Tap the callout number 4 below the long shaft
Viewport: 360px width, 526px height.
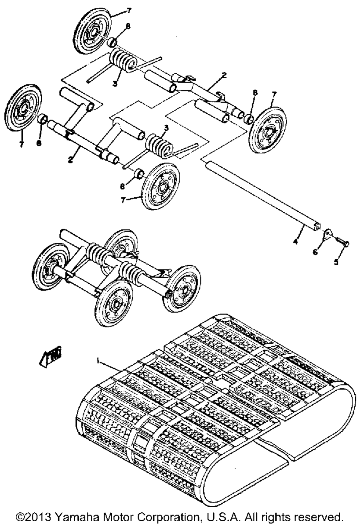296,242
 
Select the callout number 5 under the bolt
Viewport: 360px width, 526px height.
336,262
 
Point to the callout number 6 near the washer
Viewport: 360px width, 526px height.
315,252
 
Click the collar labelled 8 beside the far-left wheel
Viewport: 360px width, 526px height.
43,118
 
